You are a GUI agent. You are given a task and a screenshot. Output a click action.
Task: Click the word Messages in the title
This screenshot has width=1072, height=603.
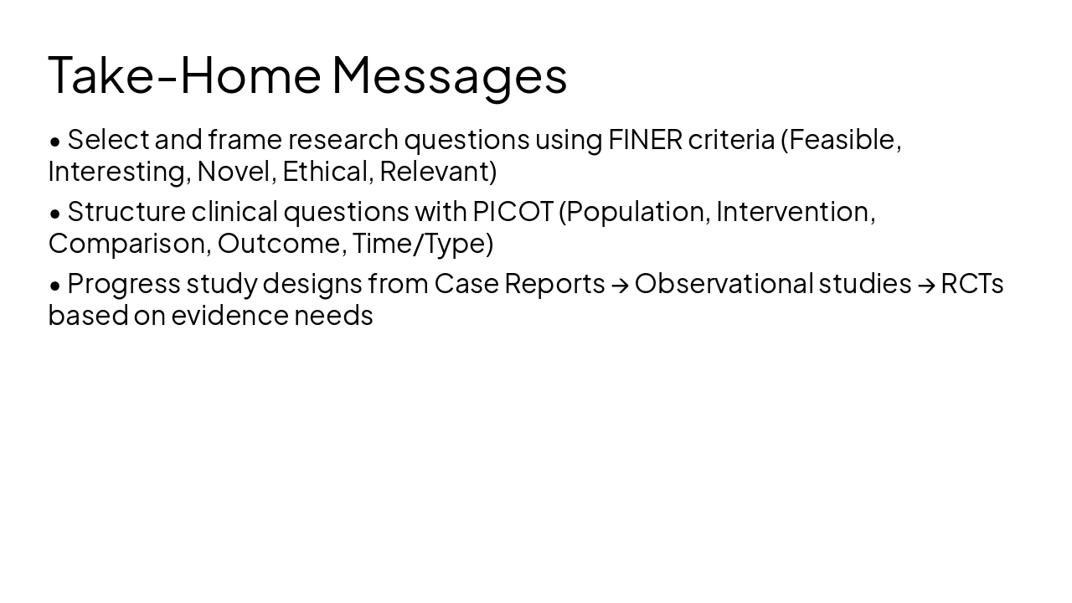[450, 75]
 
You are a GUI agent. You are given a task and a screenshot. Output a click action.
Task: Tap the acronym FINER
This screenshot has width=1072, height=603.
[645, 140]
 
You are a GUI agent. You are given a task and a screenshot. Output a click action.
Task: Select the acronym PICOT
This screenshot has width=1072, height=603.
[513, 212]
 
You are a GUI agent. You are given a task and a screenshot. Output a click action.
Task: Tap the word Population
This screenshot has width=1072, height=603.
[636, 212]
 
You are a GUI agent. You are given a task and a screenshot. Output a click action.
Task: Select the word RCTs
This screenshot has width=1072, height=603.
[971, 284]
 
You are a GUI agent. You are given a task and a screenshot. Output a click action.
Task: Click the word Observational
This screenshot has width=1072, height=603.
[724, 284]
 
